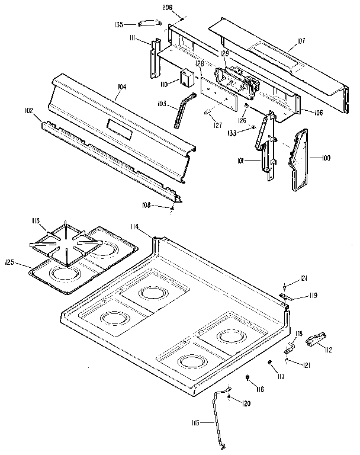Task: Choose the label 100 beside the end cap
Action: point(326,158)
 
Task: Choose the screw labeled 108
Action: point(172,207)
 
